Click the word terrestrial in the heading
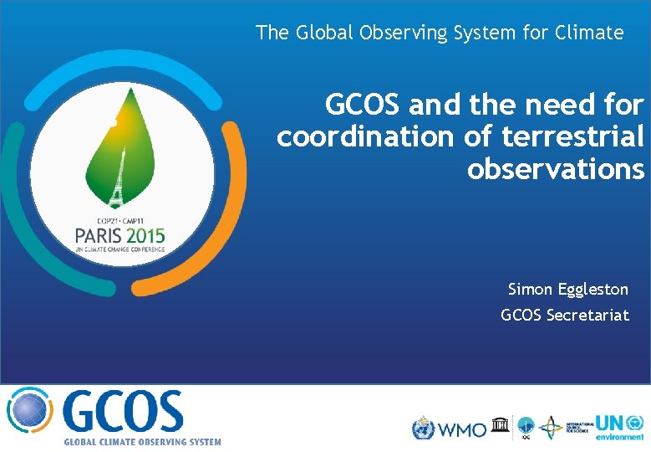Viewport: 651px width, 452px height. click(572, 136)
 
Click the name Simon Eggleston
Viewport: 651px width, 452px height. click(567, 290)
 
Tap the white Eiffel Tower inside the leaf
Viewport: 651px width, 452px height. click(118, 180)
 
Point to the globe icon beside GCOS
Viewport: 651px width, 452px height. click(29, 413)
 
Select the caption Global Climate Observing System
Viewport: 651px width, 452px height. click(143, 442)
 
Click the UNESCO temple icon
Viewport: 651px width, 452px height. click(500, 424)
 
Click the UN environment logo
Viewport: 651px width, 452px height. click(619, 427)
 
